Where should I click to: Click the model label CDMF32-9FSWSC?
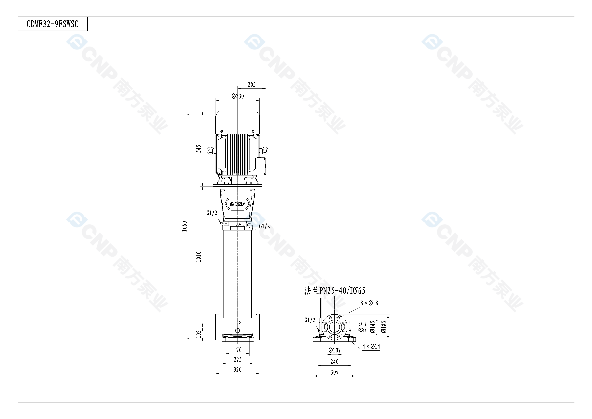coord(53,24)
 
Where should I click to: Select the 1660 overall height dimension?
coord(184,226)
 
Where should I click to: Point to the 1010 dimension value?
coord(199,257)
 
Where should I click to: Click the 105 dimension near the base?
coord(199,334)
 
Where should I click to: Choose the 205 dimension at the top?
coord(252,85)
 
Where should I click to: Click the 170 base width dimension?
coord(238,350)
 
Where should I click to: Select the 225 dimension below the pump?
coord(238,359)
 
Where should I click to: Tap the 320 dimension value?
coord(238,369)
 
